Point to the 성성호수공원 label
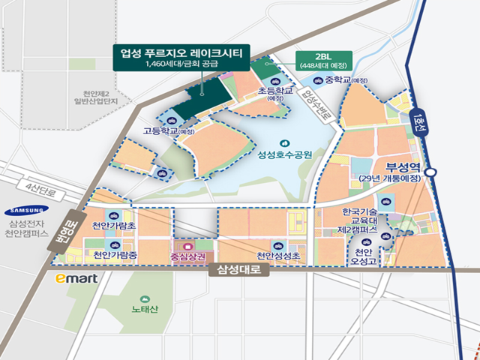pos(284,156)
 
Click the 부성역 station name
pos(404,167)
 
